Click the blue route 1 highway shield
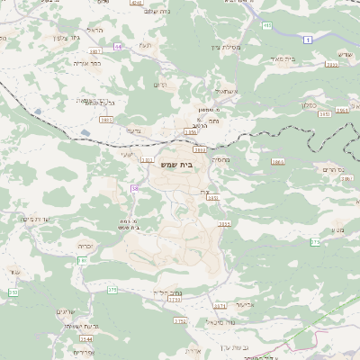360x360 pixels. tap(307, 39)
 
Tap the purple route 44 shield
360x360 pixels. tap(118, 45)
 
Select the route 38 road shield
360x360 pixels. tap(135, 188)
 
